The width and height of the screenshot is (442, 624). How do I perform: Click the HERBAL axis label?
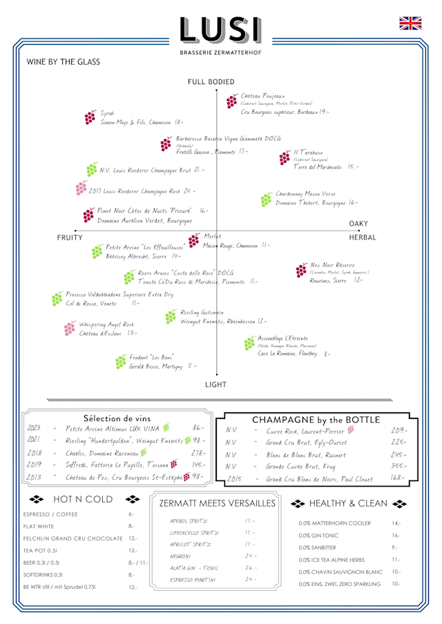(362, 237)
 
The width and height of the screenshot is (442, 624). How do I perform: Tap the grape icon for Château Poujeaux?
(231, 101)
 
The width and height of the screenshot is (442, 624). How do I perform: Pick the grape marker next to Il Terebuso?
(285, 158)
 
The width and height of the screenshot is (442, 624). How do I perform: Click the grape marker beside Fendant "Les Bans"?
(124, 361)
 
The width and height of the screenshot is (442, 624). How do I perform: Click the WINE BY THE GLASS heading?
(63, 61)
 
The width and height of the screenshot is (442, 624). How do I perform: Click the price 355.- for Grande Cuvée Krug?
(398, 466)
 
